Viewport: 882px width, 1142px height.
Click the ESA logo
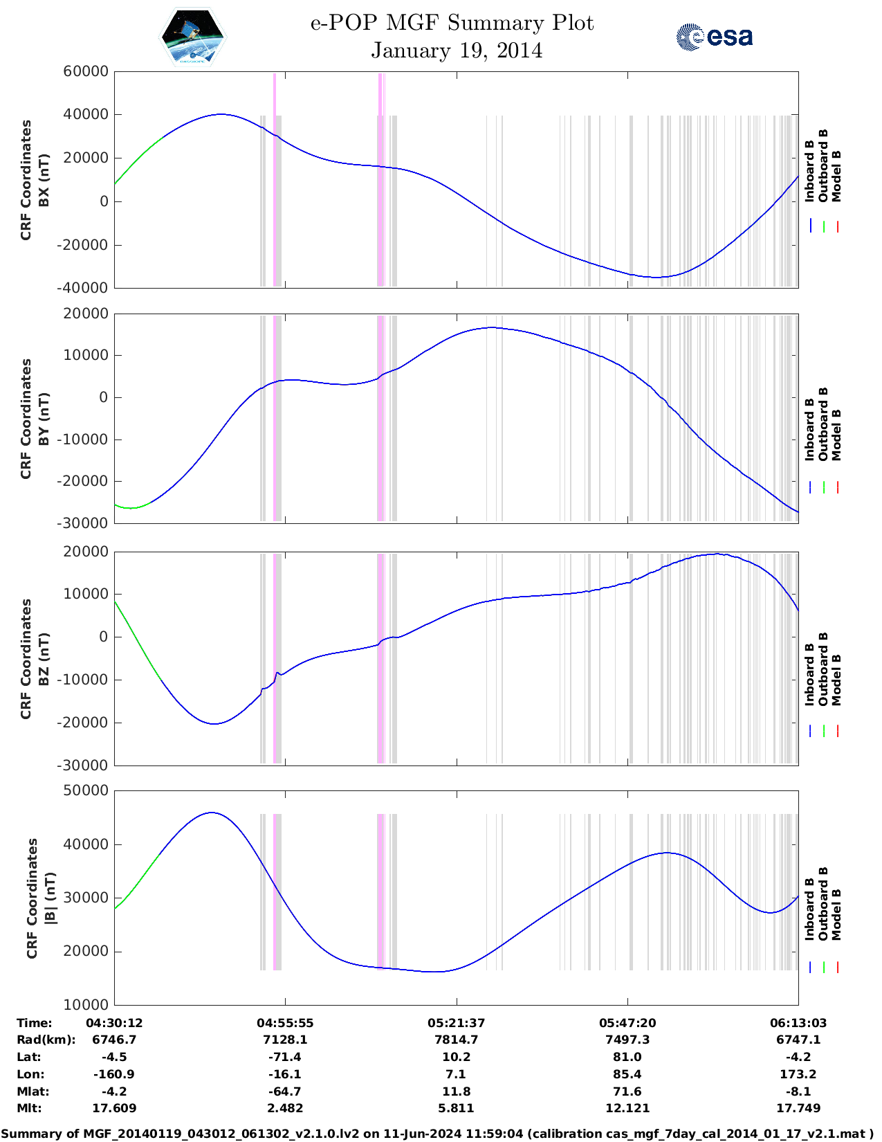(715, 36)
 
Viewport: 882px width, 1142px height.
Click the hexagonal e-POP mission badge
(193, 37)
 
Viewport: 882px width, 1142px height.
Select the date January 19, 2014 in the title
(457, 51)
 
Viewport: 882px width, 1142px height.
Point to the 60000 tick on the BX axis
(85, 71)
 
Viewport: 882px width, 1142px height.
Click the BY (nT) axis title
(43, 418)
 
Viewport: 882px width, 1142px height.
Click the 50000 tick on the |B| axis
(85, 790)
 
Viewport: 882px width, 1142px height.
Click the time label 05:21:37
(456, 1023)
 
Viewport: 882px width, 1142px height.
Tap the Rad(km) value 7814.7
(456, 1040)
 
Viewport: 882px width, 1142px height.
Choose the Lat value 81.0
(627, 1057)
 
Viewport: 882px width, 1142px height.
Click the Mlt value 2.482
(285, 1108)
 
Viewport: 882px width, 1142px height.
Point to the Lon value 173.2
(798, 1074)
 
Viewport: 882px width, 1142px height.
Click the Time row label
(35, 1023)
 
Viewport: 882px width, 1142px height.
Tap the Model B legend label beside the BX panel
(836, 176)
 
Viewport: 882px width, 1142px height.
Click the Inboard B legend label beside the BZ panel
(809, 674)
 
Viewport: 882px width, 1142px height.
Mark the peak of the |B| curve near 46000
(212, 813)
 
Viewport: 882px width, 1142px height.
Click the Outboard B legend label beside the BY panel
(823, 424)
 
